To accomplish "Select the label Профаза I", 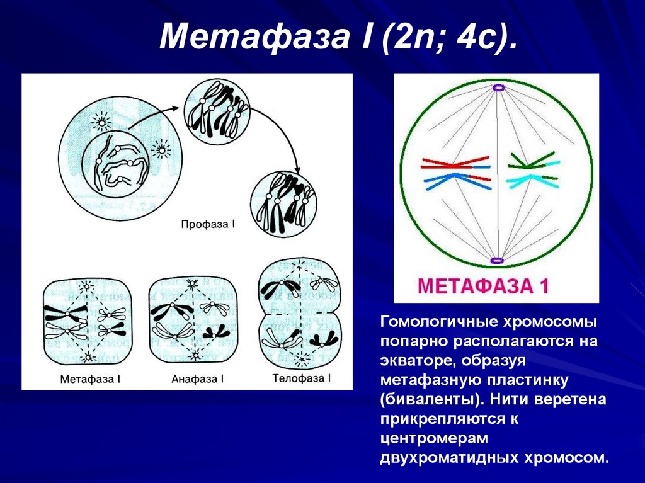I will point(208,224).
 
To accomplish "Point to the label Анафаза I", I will point(197,379).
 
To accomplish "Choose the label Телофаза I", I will point(302,378).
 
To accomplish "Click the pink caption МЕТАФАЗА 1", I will point(484,287).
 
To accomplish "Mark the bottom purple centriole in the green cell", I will point(497,259).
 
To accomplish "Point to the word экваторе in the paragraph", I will point(417,361).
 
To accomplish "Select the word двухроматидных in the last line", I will point(448,457).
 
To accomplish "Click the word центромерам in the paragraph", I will point(425,437).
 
